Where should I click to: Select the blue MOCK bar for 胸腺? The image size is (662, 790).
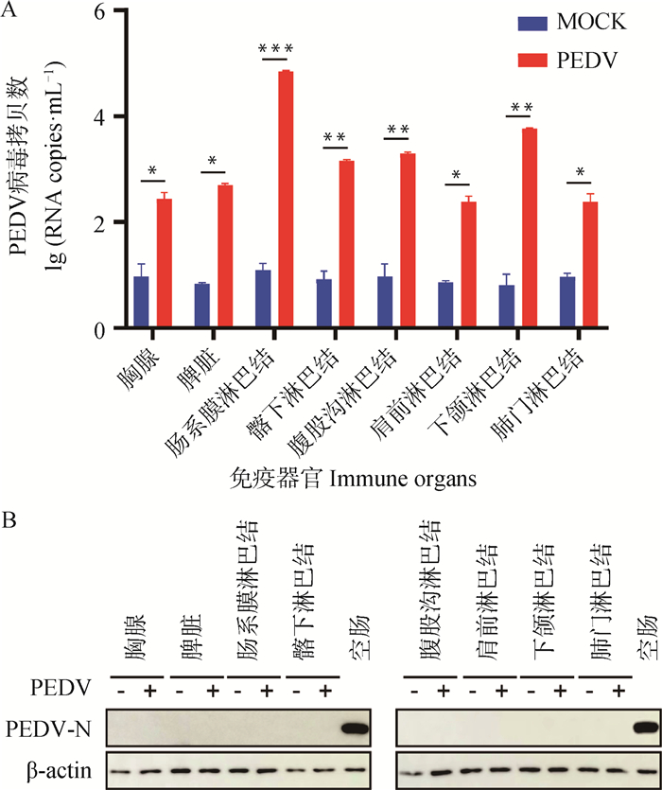point(141,303)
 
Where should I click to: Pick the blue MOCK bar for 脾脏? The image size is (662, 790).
point(201,307)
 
